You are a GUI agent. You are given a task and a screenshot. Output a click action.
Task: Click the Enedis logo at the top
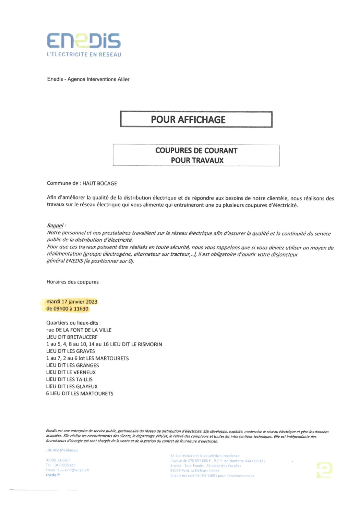84,41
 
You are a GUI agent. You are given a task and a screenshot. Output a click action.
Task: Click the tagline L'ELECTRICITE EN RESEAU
84,54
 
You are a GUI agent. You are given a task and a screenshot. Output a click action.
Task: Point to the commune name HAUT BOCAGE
99,183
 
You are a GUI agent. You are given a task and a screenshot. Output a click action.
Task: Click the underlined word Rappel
55,226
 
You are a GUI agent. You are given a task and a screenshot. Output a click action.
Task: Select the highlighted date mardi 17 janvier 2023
72,302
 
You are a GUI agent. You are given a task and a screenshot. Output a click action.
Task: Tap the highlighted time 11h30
81,309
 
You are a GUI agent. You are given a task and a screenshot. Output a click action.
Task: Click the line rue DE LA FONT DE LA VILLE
79,330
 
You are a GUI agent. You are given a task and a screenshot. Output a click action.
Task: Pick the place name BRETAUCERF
82,337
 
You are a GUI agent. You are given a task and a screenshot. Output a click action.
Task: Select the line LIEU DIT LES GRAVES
71,351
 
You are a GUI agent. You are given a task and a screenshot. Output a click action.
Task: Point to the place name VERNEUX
85,372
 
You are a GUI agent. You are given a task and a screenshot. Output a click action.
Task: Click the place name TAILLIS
84,379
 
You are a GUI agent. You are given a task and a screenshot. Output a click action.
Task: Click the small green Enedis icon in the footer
324,470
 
